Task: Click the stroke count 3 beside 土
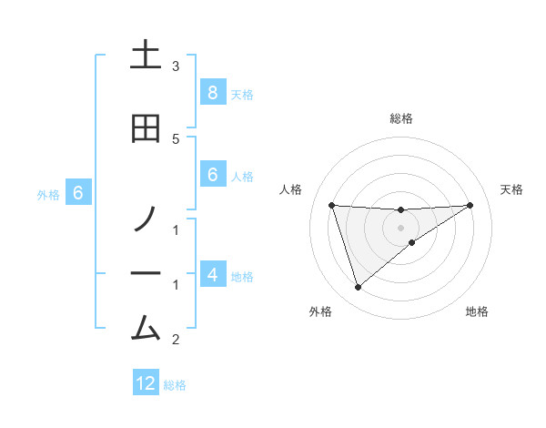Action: tap(176, 66)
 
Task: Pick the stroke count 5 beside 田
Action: tap(176, 138)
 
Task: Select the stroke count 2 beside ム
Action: tap(176, 341)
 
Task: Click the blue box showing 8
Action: tap(212, 93)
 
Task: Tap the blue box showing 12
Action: tap(146, 383)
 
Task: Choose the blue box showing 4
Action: tap(212, 274)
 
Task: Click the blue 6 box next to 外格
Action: tap(78, 193)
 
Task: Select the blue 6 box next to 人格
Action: tap(212, 175)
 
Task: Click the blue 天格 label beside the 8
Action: tap(242, 94)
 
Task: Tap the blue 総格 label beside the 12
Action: tap(175, 385)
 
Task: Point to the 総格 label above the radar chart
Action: tap(400, 118)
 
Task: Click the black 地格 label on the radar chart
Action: tap(477, 311)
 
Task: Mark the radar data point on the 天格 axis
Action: tap(470, 205)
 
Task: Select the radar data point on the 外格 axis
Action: tap(358, 287)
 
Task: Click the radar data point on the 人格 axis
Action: tap(331, 205)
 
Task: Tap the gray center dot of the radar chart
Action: tap(400, 227)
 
